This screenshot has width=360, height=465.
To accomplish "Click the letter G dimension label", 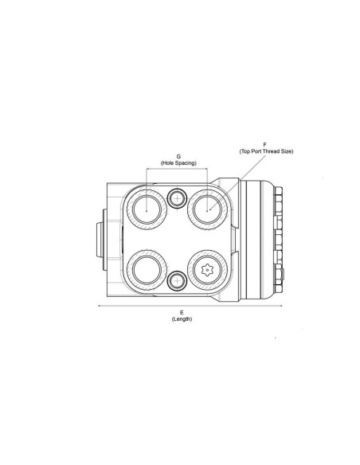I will (178, 157).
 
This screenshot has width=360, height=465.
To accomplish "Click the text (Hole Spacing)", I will (178, 163).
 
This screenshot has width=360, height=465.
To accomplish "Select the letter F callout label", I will (264, 144).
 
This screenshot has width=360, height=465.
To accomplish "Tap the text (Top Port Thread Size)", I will (266, 150).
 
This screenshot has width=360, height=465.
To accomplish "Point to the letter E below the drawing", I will (182, 312).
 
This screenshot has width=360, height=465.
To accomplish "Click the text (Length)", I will (182, 318).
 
